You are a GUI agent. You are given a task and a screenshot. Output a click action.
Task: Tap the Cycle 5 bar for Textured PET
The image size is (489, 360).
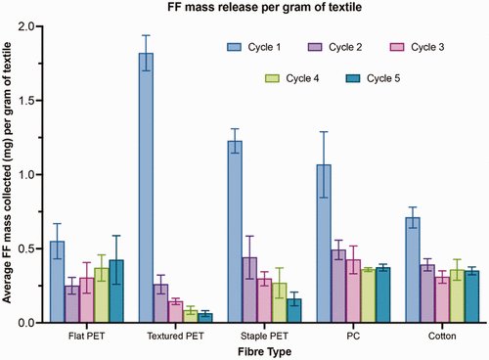(x=204, y=318)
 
